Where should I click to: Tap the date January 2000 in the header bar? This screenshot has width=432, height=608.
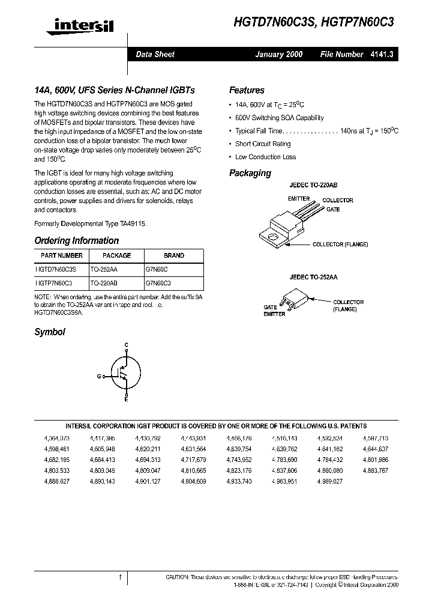tap(279, 54)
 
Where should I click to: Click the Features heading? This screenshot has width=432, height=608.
tap(247, 90)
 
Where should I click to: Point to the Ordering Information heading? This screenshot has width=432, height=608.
tap(76, 240)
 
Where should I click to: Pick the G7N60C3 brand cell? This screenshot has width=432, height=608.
tap(158, 282)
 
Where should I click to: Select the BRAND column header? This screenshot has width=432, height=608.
tap(174, 255)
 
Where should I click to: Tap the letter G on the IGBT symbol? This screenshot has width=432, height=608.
tap(98, 376)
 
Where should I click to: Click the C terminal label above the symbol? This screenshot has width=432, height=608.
tap(126, 345)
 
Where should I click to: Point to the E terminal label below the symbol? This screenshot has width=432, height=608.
tap(126, 399)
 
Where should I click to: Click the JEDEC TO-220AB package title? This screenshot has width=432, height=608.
tap(313, 186)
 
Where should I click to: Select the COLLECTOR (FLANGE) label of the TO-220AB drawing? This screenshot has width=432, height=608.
tap(340, 245)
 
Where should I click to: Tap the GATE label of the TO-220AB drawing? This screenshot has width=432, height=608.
tap(333, 210)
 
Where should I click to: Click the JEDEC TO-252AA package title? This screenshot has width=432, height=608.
tap(313, 278)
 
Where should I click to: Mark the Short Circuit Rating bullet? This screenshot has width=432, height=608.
tap(263, 144)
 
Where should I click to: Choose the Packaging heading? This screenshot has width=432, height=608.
tap(250, 173)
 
